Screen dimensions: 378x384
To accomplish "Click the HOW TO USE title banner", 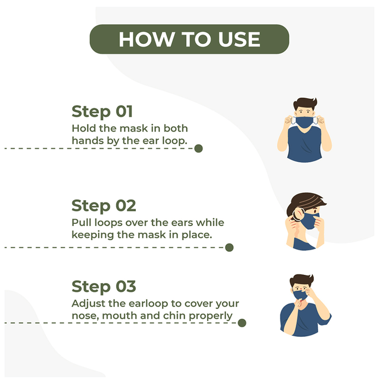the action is click(x=190, y=39).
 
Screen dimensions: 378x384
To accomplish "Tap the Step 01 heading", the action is click(x=102, y=112).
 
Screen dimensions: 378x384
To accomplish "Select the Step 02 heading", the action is click(x=104, y=206).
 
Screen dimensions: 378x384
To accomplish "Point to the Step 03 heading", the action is click(x=104, y=286).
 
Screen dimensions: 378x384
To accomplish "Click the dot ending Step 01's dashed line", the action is click(x=198, y=149).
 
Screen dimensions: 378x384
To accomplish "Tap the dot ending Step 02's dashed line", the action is click(x=229, y=247).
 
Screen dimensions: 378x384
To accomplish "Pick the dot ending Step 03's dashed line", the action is click(x=242, y=323).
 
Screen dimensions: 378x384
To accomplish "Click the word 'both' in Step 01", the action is click(x=175, y=128).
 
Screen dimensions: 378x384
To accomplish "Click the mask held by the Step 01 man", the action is click(x=305, y=122).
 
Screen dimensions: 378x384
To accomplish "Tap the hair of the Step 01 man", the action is click(x=305, y=104).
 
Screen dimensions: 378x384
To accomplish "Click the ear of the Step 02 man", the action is click(x=299, y=214).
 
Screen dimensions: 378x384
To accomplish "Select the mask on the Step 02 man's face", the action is click(x=310, y=221).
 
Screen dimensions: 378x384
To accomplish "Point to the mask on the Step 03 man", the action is click(x=300, y=295).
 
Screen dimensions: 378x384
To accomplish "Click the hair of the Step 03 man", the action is click(x=302, y=280).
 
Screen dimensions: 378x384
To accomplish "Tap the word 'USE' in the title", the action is click(x=239, y=39).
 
